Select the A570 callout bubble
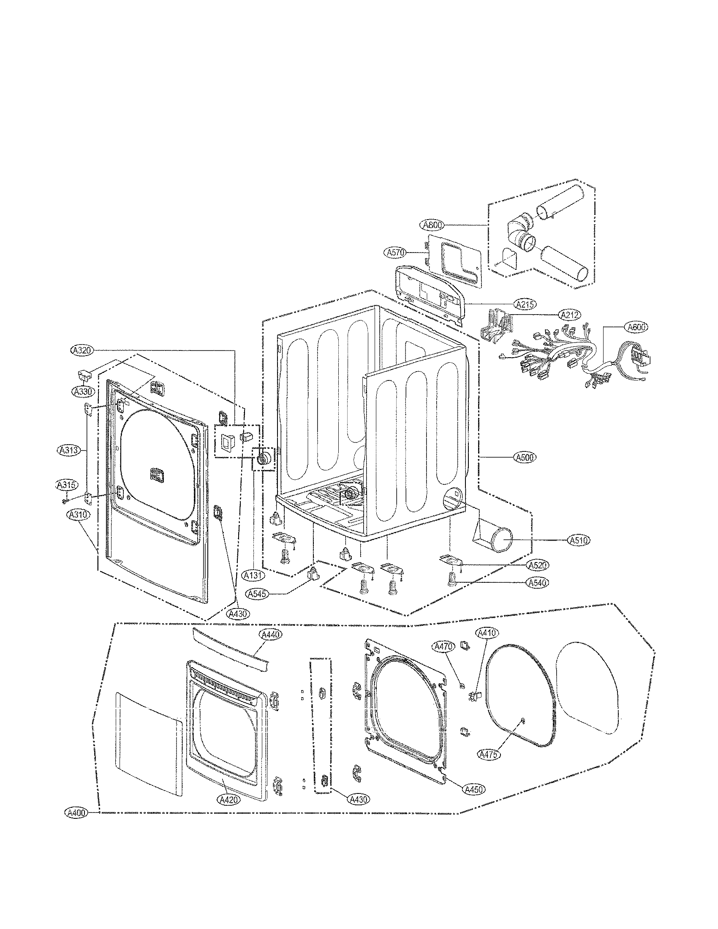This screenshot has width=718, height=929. coord(396,253)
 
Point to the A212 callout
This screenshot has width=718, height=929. coord(570,315)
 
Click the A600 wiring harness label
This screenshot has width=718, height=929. coord(636,327)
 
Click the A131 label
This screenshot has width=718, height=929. coord(253,575)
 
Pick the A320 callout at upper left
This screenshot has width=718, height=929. coord(81,350)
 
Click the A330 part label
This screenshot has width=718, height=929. coord(82,391)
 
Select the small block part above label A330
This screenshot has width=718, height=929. coord(84,375)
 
